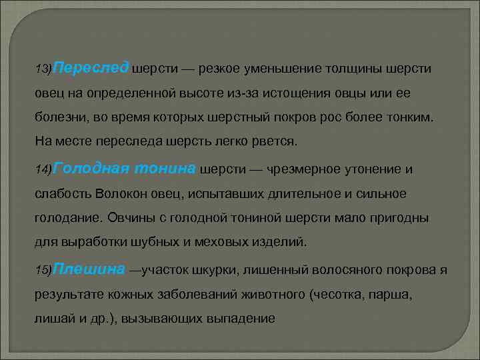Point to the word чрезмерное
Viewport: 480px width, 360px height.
click(302, 169)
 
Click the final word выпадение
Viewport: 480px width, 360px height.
click(243, 319)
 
